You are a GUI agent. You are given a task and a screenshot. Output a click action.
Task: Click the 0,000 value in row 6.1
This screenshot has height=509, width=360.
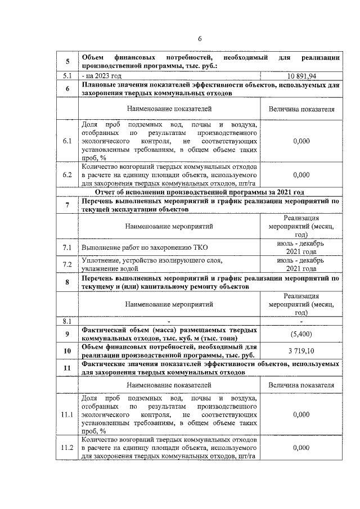click(x=301, y=141)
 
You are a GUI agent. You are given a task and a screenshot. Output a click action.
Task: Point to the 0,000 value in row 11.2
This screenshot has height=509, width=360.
click(x=301, y=448)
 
